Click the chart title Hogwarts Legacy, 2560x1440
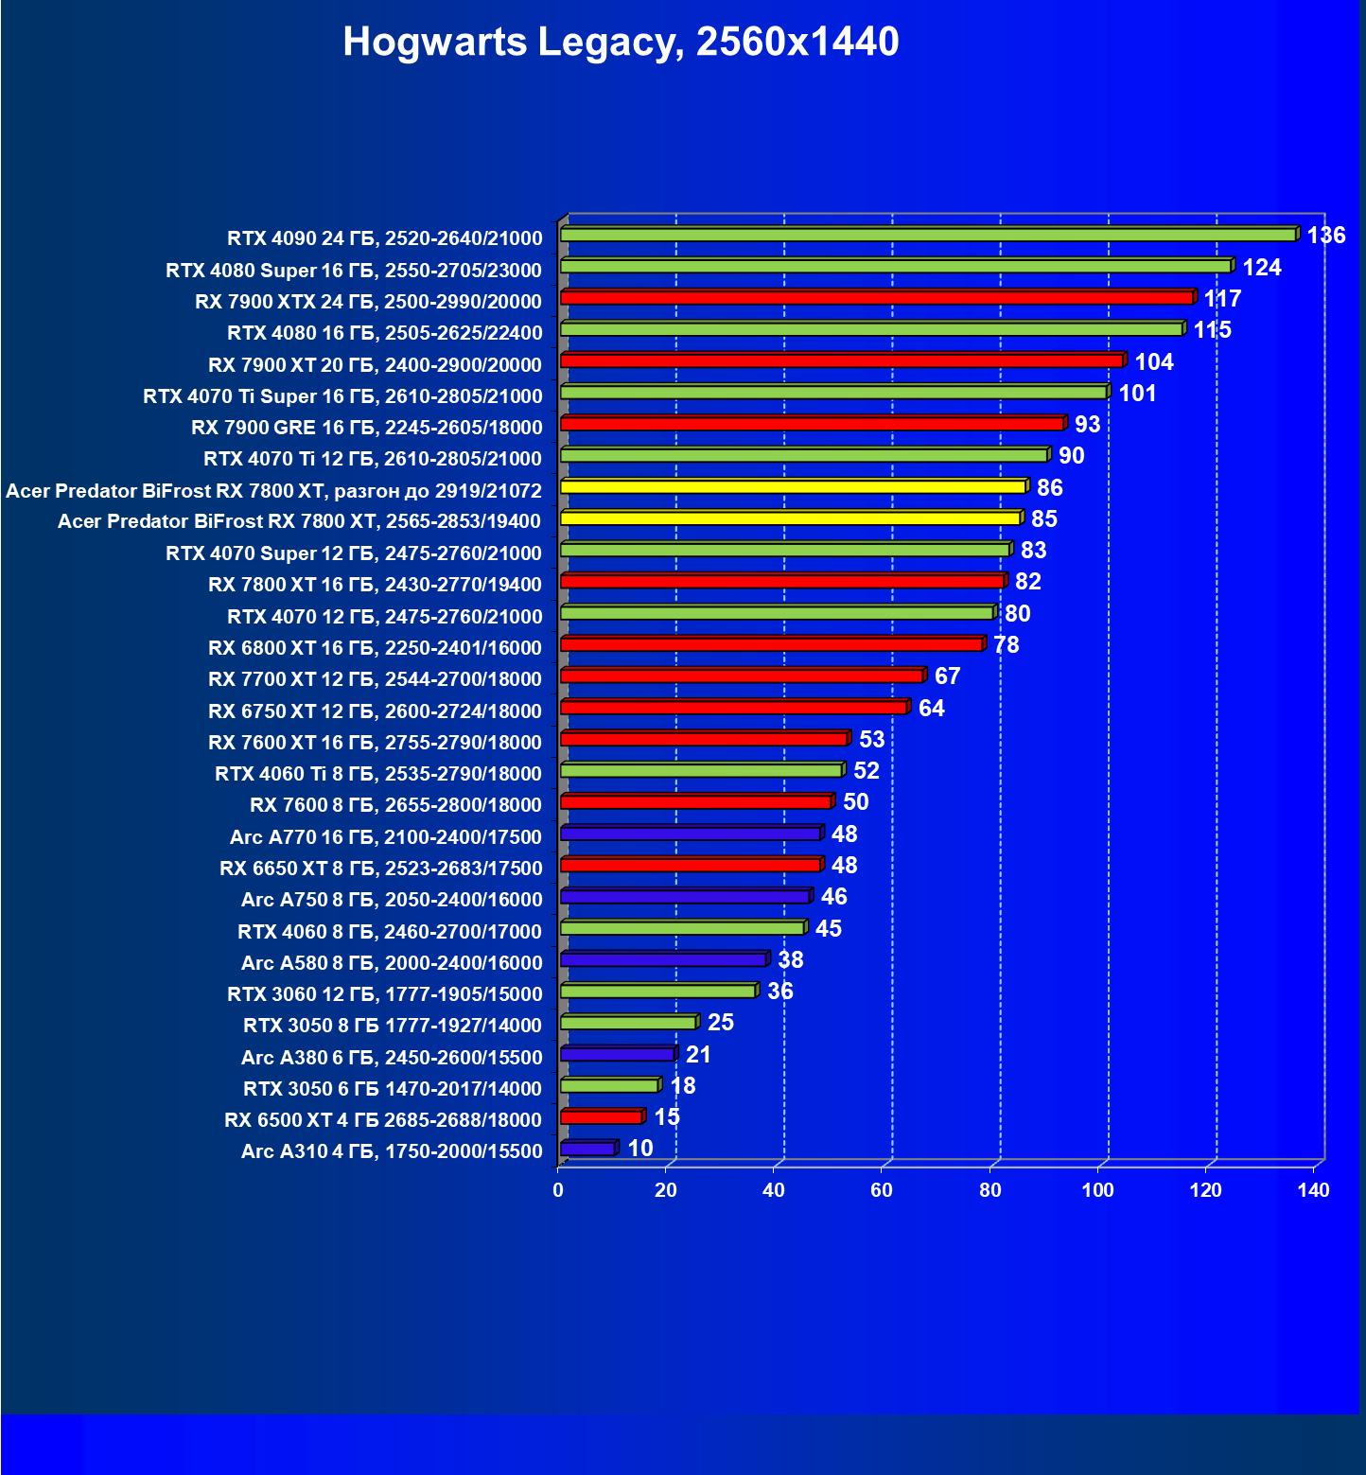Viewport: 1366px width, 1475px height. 621,42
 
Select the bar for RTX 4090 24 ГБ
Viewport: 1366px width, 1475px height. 927,235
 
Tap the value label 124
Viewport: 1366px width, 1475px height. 1262,268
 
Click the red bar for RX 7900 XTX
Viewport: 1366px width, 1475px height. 876,298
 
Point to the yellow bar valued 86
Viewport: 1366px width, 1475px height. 793,487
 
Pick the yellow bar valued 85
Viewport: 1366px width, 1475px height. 790,518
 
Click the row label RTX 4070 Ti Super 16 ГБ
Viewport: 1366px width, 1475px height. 342,396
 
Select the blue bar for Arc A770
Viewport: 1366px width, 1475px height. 690,834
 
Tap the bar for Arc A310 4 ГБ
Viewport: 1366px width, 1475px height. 587,1149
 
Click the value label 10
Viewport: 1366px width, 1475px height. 640,1149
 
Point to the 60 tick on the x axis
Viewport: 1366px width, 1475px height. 882,1190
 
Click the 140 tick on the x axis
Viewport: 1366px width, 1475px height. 1313,1190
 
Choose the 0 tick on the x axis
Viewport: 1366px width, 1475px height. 558,1190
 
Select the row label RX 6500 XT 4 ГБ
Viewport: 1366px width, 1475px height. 383,1120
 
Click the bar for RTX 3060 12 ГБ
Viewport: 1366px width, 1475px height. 657,992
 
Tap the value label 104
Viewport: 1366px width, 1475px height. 1154,362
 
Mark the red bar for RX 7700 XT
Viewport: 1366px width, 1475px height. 742,676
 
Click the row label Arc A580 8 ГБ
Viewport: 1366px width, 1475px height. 392,963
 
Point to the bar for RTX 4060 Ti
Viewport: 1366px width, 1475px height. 701,771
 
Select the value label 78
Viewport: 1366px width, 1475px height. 1007,645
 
